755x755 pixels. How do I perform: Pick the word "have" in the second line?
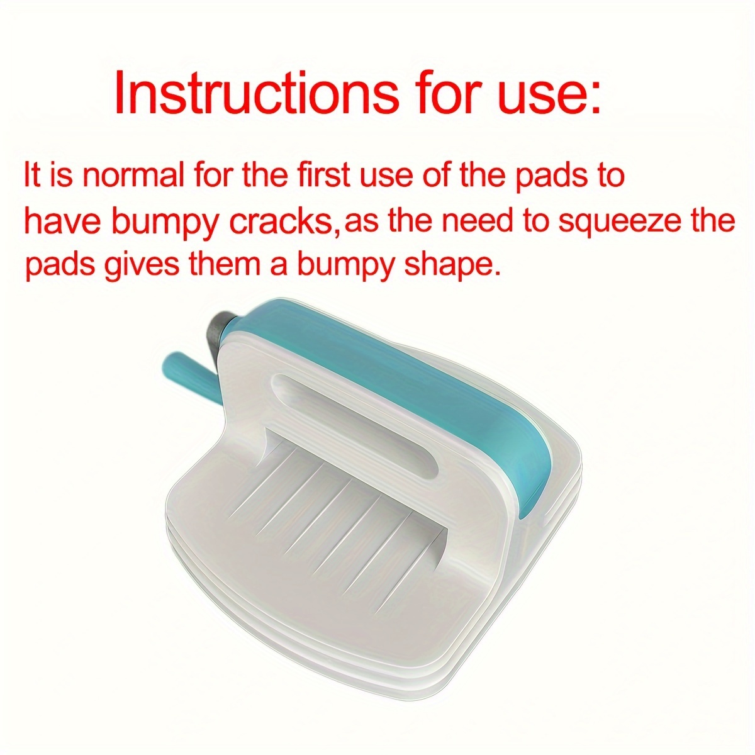coord(63,221)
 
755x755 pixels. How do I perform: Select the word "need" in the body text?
coord(478,221)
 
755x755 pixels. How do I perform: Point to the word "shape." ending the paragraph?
coord(452,266)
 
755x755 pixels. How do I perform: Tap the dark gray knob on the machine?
coord(221,335)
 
